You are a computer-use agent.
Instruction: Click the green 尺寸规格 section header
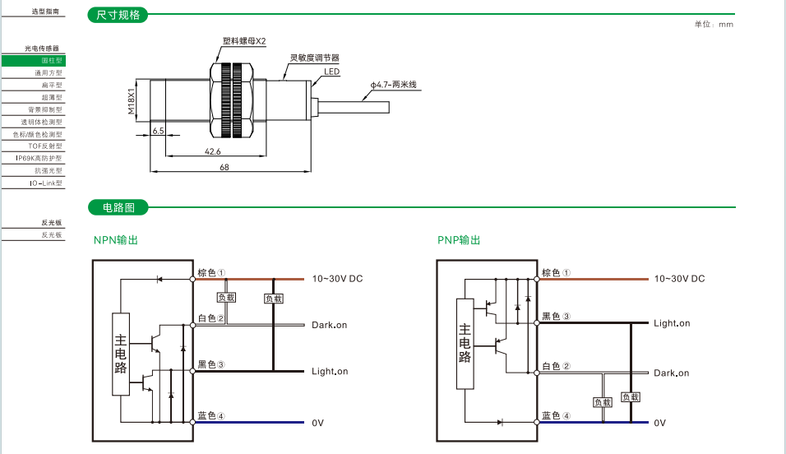[118, 15]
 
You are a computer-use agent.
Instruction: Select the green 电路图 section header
[118, 207]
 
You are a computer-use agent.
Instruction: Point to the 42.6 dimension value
[213, 151]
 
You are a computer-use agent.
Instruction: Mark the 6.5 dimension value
[159, 131]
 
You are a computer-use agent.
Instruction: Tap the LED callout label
[331, 72]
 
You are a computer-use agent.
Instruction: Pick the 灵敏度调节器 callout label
[315, 58]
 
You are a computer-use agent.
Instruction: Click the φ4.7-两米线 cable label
[395, 85]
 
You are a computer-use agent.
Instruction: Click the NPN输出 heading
[116, 240]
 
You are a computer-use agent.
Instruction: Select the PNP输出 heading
[459, 240]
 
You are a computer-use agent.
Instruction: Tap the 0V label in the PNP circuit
[659, 423]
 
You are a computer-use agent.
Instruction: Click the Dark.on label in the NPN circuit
[329, 325]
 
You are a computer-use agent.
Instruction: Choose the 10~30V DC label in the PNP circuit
[679, 279]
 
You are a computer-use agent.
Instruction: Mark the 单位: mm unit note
[714, 24]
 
